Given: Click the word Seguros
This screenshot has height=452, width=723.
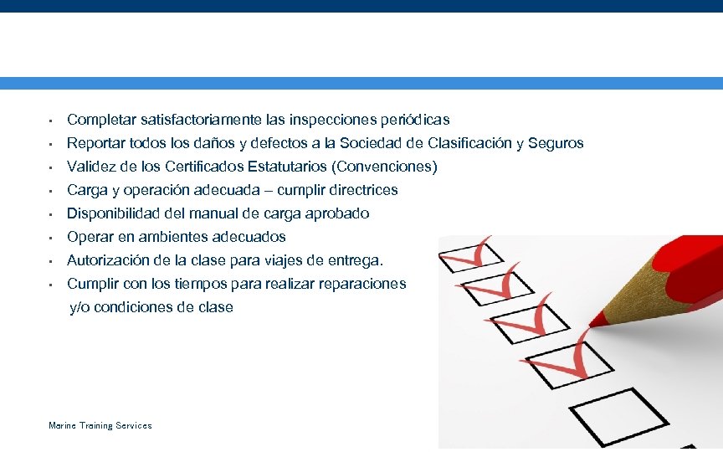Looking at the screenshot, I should tap(556, 143).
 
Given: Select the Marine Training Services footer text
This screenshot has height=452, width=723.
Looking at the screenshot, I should tap(100, 426).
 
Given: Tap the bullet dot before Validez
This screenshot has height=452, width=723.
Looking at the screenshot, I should tap(51, 167).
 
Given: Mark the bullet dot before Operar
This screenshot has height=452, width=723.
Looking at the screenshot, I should tap(51, 238).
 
